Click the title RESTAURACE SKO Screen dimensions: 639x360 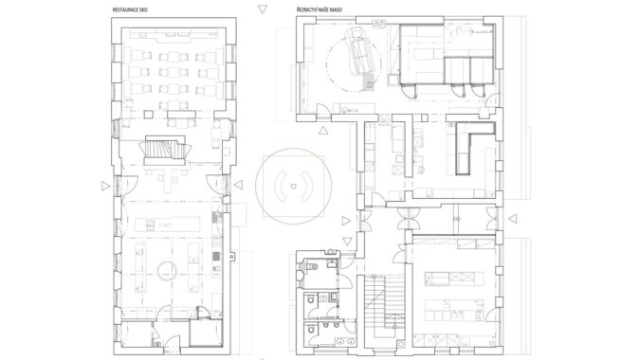tap(130, 9)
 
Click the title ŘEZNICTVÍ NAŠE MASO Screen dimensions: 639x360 tap(319, 9)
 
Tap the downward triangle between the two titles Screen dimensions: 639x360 tap(263, 9)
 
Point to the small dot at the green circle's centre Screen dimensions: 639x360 tap(293, 186)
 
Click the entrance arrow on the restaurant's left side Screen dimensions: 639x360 tap(106, 186)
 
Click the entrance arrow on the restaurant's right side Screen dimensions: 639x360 tap(238, 185)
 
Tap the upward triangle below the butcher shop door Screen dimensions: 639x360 tap(323, 131)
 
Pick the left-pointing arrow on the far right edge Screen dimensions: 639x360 tap(513, 219)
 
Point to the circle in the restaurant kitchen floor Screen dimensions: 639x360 tap(167, 271)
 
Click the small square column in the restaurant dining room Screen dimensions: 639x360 tap(148, 116)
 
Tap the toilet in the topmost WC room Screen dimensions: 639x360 tap(313, 267)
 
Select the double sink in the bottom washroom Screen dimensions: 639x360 tap(346, 342)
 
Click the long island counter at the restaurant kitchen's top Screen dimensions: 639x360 tap(168, 225)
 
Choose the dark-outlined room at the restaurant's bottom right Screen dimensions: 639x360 tap(206, 333)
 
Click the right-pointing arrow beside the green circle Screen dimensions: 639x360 tap(346, 221)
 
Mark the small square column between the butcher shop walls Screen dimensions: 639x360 tap(424, 118)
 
